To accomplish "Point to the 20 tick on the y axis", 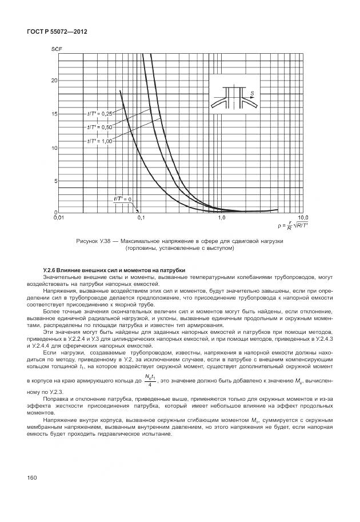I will [54, 81].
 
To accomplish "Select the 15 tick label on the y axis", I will [54, 114].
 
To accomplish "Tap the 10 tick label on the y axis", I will [54, 148].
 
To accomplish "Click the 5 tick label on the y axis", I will [55, 181].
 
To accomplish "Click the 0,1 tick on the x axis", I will [141, 218].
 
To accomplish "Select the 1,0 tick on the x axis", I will [222, 218].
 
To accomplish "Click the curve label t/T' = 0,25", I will [101, 113].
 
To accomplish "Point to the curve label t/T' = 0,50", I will [101, 127].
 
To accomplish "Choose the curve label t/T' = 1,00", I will [101, 140].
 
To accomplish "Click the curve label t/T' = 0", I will [122, 199].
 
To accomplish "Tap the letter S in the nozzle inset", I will [252, 92].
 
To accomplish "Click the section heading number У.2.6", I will [51, 270].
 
